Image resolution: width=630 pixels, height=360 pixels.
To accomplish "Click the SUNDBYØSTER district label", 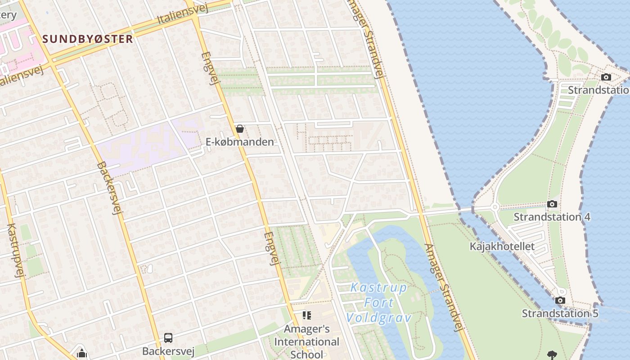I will click(x=88, y=39).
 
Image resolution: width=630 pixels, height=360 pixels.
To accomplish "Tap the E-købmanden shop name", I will click(x=239, y=142).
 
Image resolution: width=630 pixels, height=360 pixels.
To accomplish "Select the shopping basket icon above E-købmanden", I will click(x=240, y=129).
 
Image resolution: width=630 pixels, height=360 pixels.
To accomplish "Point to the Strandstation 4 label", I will click(x=552, y=217).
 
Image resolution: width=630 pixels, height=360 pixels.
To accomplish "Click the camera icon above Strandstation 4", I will click(x=552, y=204).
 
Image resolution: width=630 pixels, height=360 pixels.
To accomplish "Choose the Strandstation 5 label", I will click(x=560, y=313).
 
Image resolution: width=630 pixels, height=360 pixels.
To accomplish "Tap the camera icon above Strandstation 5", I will click(x=560, y=301).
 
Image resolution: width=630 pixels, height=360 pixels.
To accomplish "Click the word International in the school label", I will click(x=306, y=342).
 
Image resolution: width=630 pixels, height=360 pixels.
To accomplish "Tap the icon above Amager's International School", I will click(x=307, y=315).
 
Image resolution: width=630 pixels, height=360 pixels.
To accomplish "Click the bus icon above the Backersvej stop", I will click(x=168, y=337).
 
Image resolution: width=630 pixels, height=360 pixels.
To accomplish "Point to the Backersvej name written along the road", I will click(x=109, y=188).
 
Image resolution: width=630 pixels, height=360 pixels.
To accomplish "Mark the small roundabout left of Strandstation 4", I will click(x=495, y=207).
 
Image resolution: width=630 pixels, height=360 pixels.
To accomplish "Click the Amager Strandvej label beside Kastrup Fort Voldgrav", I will click(x=443, y=288).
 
